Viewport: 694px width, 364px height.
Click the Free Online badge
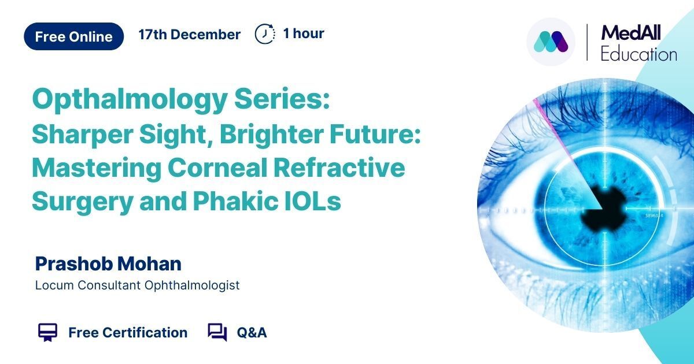(x=74, y=36)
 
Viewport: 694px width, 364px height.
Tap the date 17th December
(x=189, y=34)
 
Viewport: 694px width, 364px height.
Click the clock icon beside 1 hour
(x=265, y=34)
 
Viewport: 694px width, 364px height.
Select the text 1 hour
(x=304, y=34)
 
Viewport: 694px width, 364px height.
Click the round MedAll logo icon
(x=551, y=42)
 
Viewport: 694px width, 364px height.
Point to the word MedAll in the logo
(x=631, y=32)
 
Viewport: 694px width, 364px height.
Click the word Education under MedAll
(x=639, y=54)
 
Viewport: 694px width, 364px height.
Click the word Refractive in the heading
(x=339, y=168)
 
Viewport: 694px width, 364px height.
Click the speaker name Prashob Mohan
(x=108, y=263)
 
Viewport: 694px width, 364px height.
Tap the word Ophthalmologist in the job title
(x=192, y=285)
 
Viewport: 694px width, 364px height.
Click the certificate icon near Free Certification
(x=47, y=332)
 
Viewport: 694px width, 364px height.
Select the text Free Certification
(x=128, y=332)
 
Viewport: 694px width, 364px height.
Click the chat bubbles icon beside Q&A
(x=217, y=332)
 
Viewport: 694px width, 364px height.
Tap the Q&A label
(x=252, y=333)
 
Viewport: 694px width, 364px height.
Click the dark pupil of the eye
(x=605, y=210)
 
